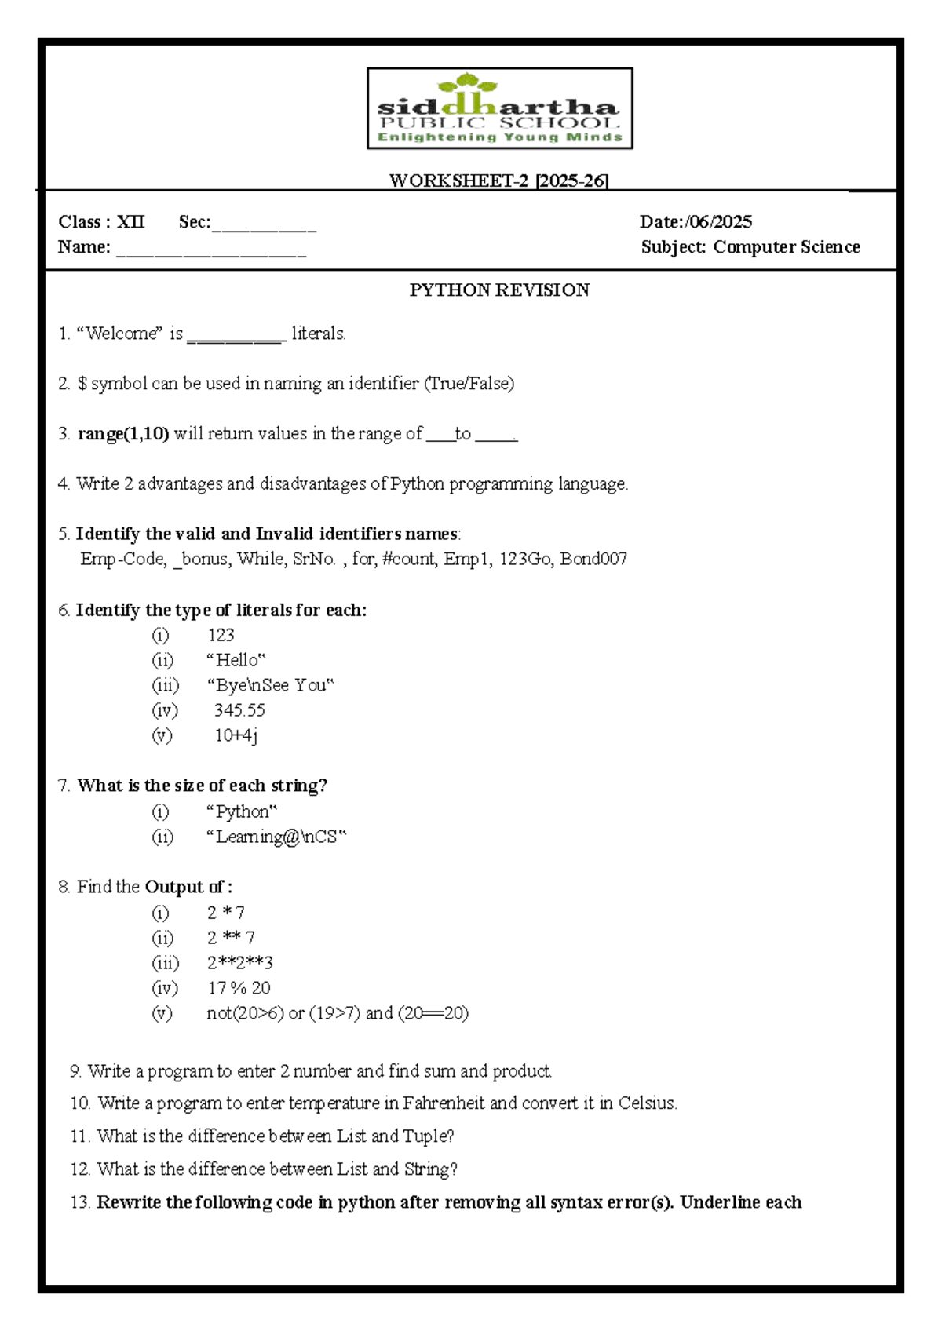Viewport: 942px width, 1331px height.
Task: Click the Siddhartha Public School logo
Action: tap(499, 108)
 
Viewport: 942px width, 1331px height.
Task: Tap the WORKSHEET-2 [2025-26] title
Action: tap(499, 181)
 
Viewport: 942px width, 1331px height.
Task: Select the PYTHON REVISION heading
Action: tap(499, 290)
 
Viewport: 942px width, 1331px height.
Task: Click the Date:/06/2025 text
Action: tap(696, 222)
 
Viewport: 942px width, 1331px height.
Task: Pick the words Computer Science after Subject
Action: tap(787, 247)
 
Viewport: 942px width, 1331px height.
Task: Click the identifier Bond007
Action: tap(593, 559)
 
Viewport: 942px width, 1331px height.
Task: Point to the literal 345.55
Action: tap(239, 710)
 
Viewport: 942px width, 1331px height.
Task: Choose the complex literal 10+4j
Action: tap(235, 735)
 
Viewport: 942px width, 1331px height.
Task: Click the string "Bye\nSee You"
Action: tap(270, 685)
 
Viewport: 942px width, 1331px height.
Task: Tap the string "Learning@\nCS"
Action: tap(276, 837)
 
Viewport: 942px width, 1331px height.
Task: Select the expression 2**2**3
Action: tap(239, 963)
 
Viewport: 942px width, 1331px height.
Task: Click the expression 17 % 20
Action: tap(239, 988)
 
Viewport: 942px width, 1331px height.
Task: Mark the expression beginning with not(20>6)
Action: tap(338, 1013)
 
